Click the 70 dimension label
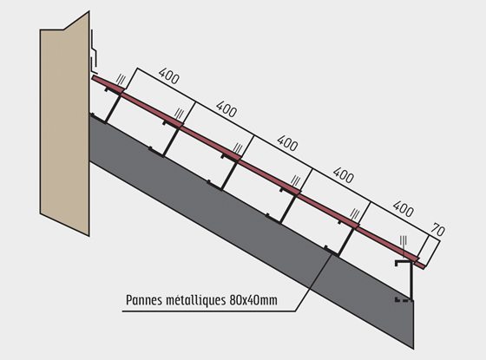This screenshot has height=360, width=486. pyautogui.click(x=438, y=230)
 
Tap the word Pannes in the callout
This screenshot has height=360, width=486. pyautogui.click(x=144, y=300)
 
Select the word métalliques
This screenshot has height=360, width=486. pyautogui.click(x=196, y=300)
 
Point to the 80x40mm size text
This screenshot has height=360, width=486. pyautogui.click(x=253, y=300)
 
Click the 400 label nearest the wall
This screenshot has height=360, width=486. pyautogui.click(x=169, y=76)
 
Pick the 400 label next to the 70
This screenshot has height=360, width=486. pyautogui.click(x=403, y=208)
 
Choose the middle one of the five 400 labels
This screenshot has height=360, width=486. pyautogui.click(x=287, y=143)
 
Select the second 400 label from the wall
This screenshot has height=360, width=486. pyautogui.click(x=227, y=109)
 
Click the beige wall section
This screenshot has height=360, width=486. pyautogui.click(x=65, y=124)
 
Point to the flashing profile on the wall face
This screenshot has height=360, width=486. pyautogui.click(x=94, y=51)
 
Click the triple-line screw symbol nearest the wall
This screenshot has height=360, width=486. pyautogui.click(x=121, y=80)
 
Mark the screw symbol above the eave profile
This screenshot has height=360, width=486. pyautogui.click(x=404, y=243)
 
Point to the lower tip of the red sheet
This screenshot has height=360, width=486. pyautogui.click(x=424, y=267)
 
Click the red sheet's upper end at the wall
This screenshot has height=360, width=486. pyautogui.click(x=93, y=77)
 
